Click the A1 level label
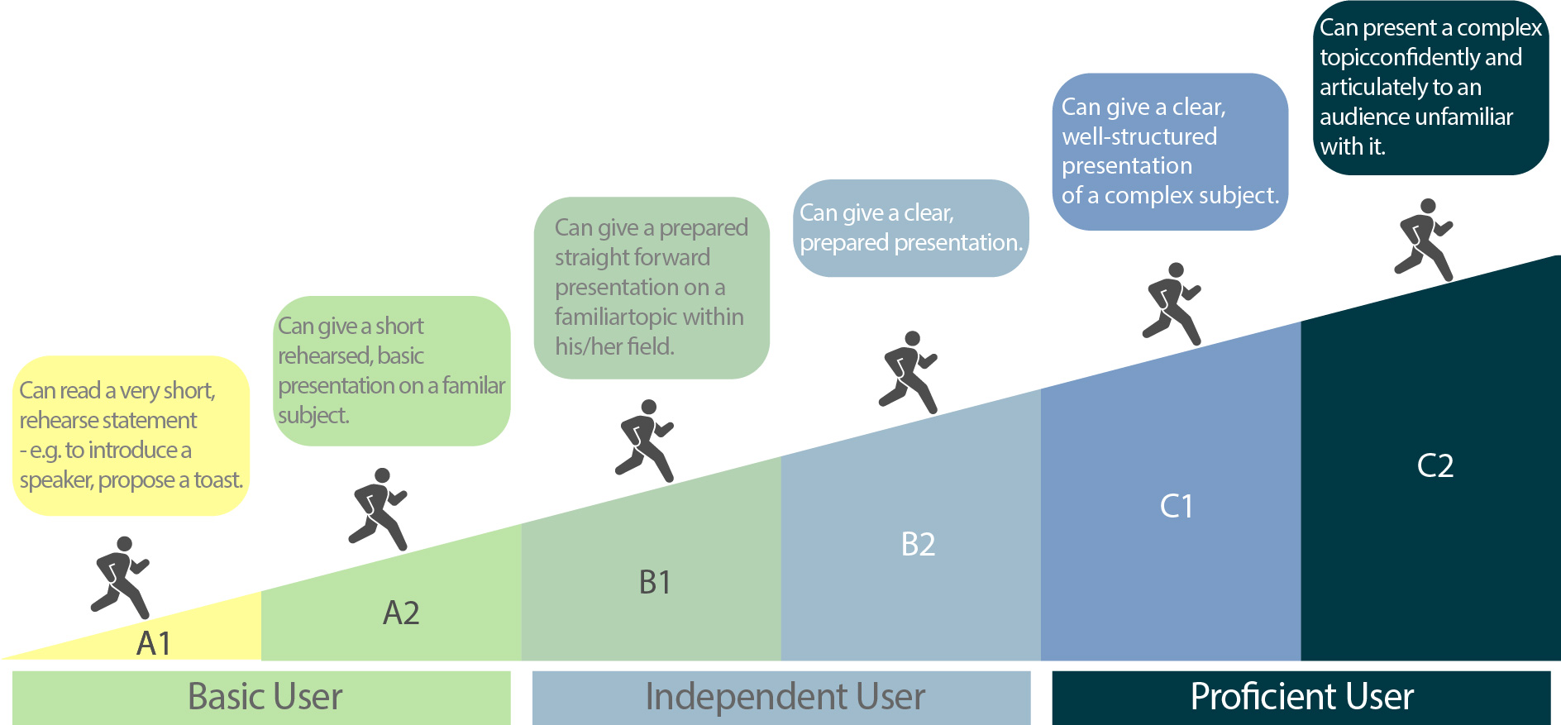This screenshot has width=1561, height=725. pos(154,643)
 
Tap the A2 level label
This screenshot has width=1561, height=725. pos(401,613)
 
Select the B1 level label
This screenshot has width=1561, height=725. pos(655,583)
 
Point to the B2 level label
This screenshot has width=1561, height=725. pos(918,545)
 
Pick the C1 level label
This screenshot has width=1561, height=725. pos(1177,506)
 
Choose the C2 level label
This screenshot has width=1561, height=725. pos(1434,465)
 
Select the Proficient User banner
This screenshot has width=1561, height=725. pos(1301,697)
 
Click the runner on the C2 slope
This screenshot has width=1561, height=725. pos(1424,240)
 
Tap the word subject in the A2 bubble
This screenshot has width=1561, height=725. pos(313,415)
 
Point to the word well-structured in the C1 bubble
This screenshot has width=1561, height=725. pos(1139,136)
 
